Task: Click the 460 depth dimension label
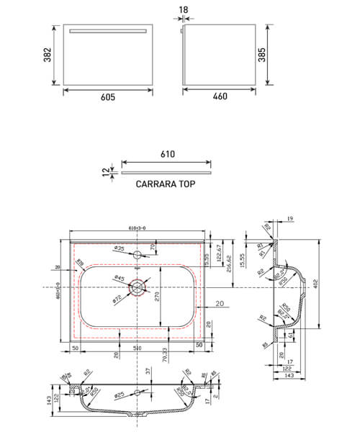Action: coord(220,102)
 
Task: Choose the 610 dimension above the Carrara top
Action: coord(167,154)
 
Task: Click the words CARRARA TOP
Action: coord(165,184)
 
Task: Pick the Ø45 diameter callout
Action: coord(117,279)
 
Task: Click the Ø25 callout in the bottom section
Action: coord(120,395)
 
